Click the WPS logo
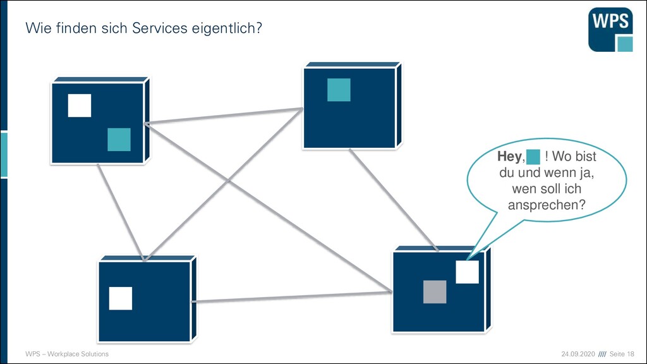611,30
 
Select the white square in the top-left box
80,106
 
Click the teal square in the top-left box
119,140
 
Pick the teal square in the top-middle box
339,90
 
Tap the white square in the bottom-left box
121,298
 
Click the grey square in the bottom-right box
435,292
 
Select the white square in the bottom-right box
467,272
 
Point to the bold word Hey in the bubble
510,157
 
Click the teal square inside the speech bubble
533,157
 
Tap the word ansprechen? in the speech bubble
547,205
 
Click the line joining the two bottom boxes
292,297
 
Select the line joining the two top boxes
224,116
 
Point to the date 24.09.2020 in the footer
578,354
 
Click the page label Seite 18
622,354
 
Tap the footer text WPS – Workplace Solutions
67,354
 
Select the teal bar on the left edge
4,155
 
